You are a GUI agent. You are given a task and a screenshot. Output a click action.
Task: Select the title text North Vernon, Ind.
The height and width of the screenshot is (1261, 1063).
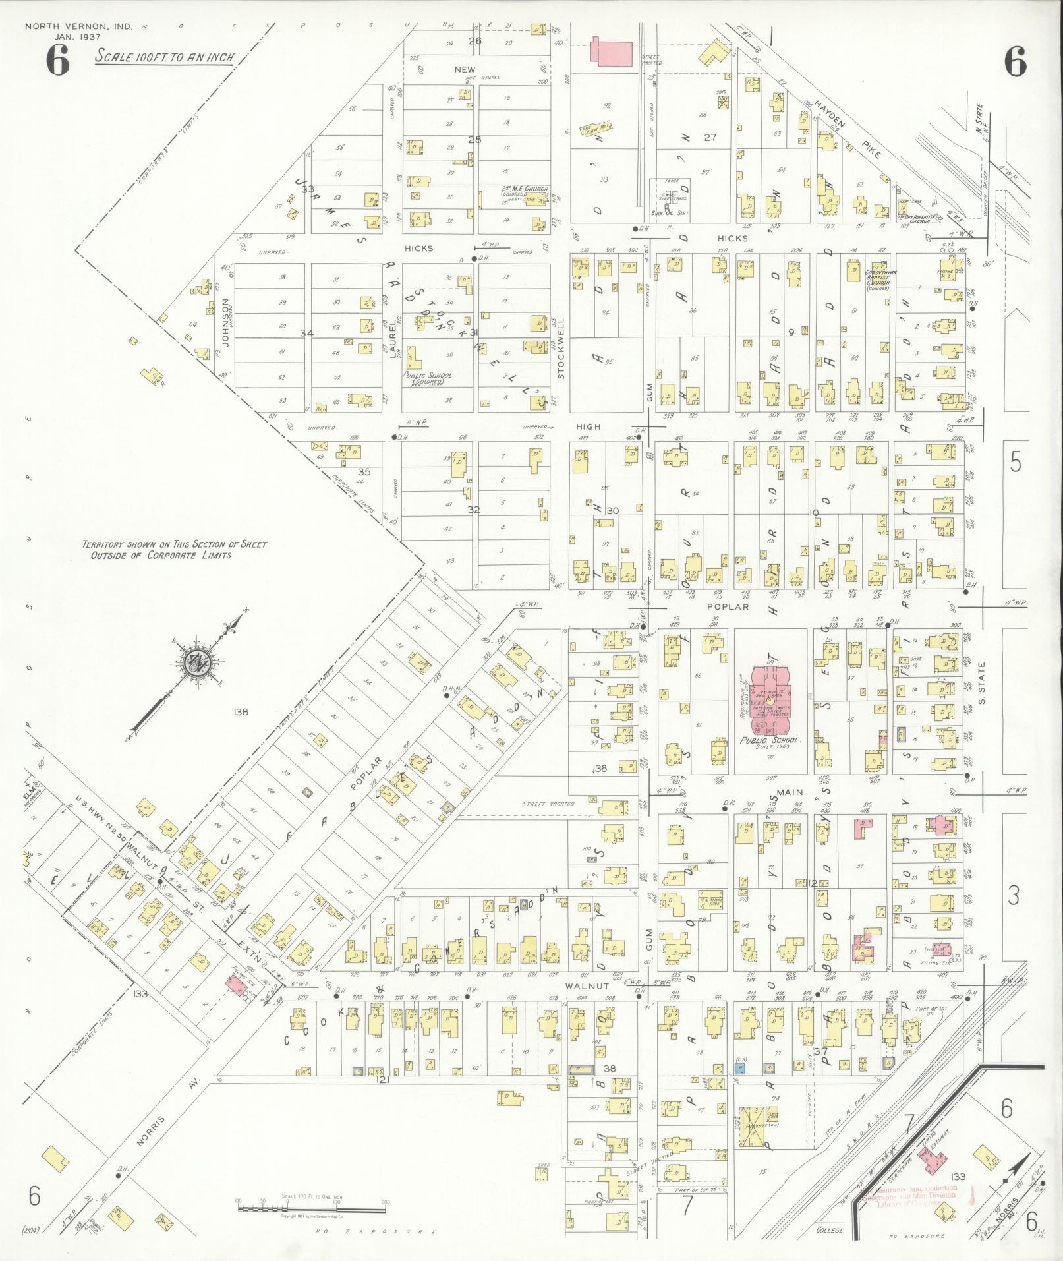78,27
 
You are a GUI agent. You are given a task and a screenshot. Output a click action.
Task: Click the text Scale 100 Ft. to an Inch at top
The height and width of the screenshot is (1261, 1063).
164,57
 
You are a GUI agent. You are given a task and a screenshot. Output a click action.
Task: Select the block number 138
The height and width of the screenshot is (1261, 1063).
240,711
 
